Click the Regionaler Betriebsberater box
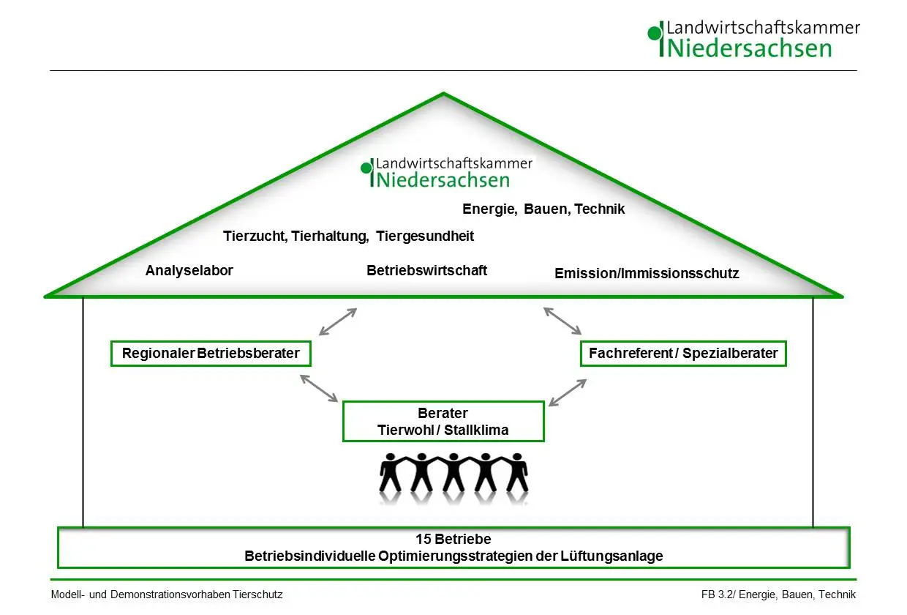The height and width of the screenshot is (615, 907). pos(211,354)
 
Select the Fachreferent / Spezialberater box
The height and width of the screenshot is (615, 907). pos(683,354)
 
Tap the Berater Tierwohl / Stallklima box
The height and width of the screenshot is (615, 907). pos(443,422)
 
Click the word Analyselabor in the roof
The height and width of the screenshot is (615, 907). pos(189,271)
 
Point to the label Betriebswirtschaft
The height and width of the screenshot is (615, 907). pos(426,270)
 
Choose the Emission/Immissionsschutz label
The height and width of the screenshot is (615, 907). pos(647,274)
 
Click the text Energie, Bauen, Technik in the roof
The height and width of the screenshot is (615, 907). pos(543,209)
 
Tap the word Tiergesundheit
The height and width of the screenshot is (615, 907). pos(425,236)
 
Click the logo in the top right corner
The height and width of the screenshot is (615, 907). pos(753,40)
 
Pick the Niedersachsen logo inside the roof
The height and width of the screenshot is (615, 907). pos(446,173)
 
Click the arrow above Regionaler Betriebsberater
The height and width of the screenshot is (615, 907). pos(338,321)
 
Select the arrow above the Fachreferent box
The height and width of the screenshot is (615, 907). pos(562,321)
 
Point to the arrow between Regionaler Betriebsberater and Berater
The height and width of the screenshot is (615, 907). pos(319,388)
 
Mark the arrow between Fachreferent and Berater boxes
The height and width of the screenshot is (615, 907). pos(568,392)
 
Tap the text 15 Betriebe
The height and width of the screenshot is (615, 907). pos(453,540)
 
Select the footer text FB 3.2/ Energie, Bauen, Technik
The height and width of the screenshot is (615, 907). pos(778,594)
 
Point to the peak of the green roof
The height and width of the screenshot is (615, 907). pos(443,94)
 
